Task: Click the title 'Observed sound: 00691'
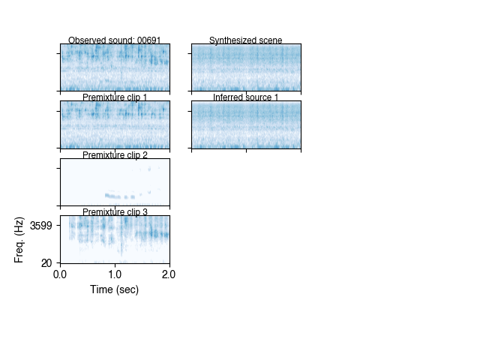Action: point(115,40)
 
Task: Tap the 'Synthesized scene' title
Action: point(246,40)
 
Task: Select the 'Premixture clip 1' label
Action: point(115,97)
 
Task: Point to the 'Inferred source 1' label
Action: point(246,97)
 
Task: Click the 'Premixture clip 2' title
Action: point(115,155)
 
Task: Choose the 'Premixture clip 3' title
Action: point(115,212)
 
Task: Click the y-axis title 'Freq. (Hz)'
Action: point(19,238)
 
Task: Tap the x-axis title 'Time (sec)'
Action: point(115,289)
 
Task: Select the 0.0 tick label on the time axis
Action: point(61,274)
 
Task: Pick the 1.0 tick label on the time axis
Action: point(115,274)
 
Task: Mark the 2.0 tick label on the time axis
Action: point(169,274)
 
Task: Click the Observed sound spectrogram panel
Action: point(115,67)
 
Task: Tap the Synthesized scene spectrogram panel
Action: point(246,67)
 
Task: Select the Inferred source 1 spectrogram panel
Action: point(246,124)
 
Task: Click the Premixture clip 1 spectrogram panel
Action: point(115,124)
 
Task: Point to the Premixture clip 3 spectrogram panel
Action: point(115,239)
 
